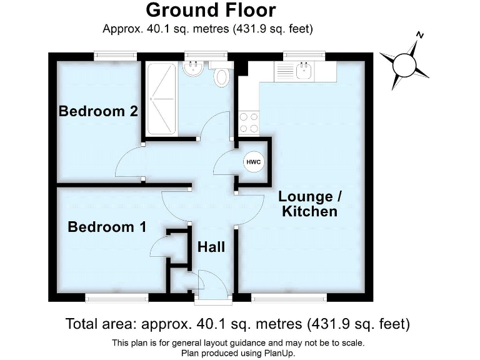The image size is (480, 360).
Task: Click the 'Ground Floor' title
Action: (210, 11)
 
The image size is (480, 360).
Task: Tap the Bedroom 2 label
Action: (98, 111)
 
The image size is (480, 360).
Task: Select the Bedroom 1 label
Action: (107, 227)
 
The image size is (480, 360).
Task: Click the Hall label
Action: (211, 247)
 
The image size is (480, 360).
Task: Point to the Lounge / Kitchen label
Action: (310, 204)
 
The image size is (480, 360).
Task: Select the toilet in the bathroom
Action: (222, 77)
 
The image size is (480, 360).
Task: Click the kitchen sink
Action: (304, 71)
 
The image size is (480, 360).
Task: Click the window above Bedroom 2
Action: (116, 56)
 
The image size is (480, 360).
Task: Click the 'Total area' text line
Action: (237, 324)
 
